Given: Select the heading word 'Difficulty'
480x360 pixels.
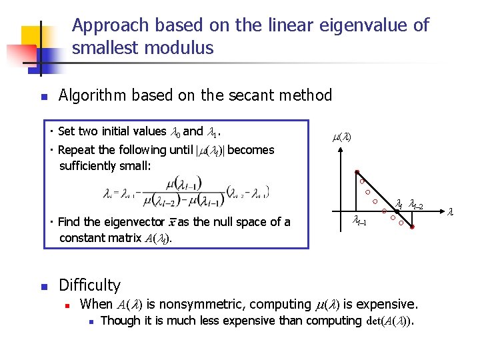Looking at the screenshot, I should pos(89,285).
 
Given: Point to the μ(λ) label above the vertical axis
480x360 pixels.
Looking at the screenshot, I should pos(341,137).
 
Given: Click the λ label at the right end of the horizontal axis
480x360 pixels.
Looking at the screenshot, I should pos(450,213).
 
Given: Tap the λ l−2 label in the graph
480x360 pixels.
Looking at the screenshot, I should pos(416,204).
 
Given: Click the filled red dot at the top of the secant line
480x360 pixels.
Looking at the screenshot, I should pos(357,171).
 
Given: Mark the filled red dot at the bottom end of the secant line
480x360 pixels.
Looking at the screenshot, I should pos(413,228).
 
